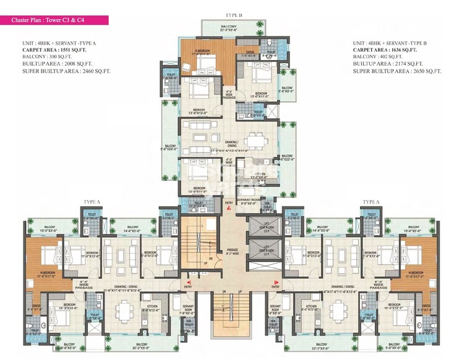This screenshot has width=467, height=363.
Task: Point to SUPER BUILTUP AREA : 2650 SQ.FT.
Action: point(396,71)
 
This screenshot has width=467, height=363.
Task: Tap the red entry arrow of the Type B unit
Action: point(229,211)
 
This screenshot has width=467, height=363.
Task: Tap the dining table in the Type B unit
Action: point(257,138)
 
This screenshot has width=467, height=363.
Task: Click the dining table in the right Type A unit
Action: point(338,307)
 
